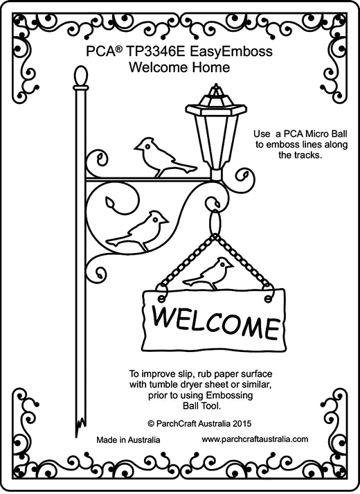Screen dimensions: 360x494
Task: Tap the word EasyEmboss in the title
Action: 231,52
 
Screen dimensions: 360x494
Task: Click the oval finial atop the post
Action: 80,76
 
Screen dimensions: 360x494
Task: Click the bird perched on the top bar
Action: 165,157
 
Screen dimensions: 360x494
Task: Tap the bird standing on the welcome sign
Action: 208,273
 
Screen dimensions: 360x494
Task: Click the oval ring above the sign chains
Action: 215,222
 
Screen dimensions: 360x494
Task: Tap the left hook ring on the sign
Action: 161,297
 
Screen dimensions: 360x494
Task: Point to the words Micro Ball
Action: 323,134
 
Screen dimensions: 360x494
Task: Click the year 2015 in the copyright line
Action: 242,423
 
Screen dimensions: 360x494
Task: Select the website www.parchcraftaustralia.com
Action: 255,439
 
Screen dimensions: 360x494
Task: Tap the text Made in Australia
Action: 128,440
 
